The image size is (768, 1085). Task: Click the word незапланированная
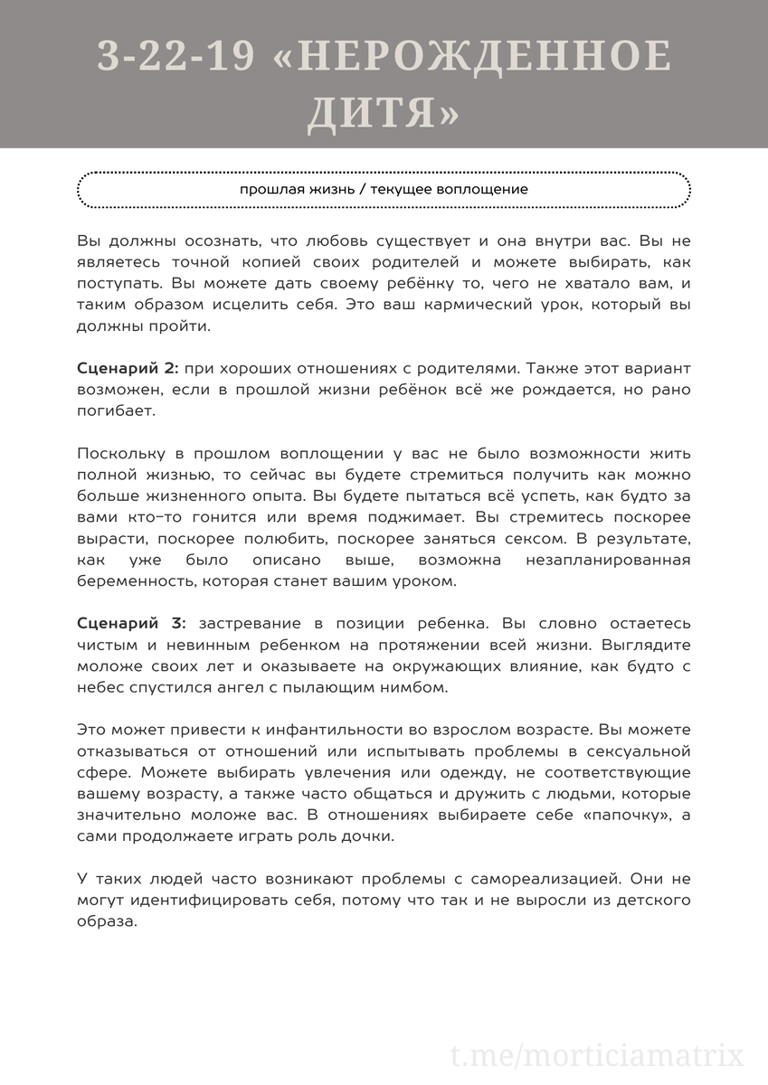click(608, 561)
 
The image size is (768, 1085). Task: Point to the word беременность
click(138, 581)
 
